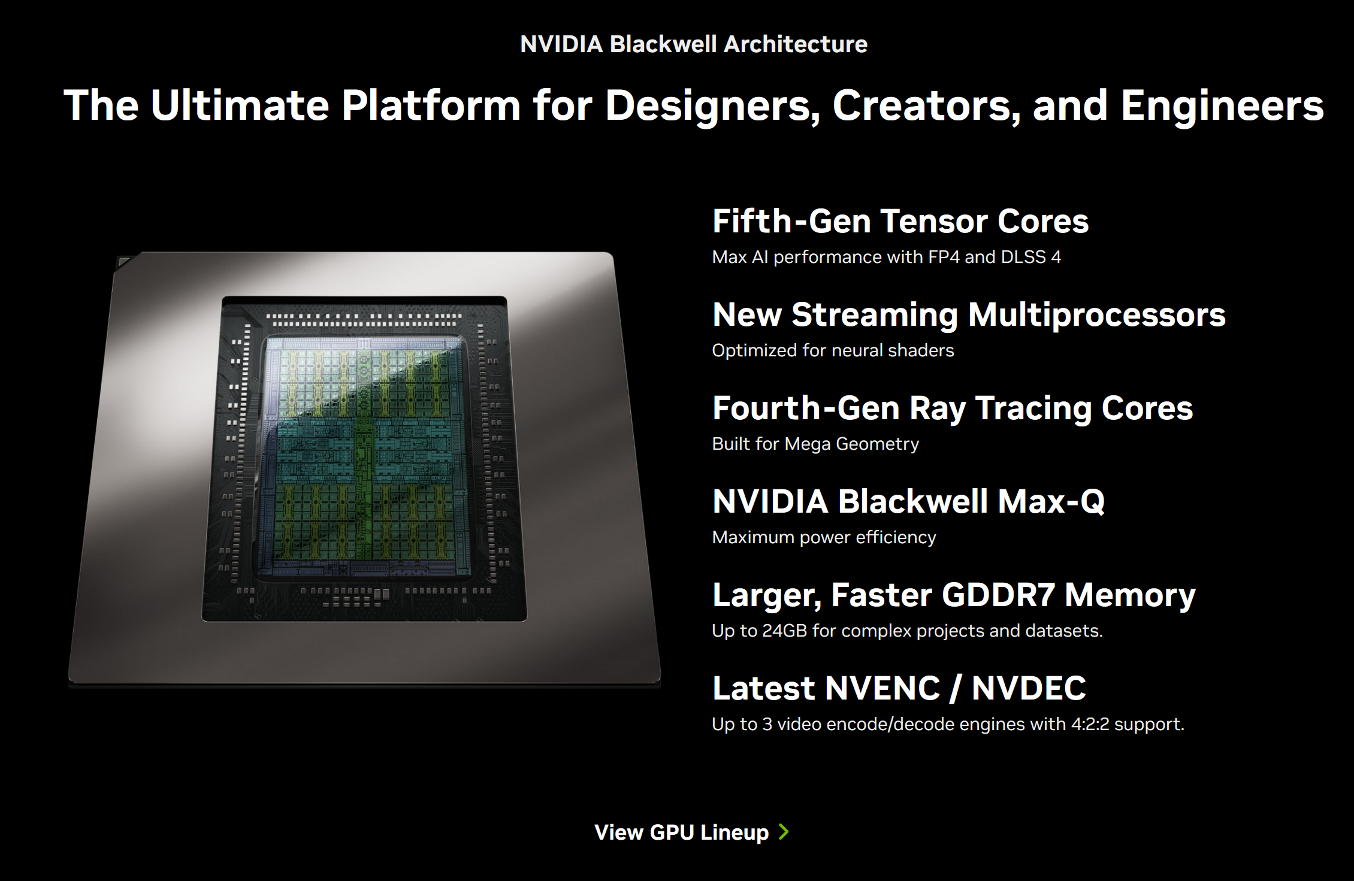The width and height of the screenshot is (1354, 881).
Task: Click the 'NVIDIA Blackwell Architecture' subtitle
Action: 694,44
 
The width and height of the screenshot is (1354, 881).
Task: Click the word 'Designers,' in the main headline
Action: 712,106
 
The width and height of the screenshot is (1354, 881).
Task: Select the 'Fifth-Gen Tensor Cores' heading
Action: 900,221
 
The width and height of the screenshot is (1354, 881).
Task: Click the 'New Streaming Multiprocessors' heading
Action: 969,315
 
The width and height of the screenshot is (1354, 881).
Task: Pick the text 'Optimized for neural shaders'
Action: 833,350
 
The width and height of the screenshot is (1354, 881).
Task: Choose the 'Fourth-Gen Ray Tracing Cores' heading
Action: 953,408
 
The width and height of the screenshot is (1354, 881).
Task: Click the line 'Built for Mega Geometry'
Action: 815,444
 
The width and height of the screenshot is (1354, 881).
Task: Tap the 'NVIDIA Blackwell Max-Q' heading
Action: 909,501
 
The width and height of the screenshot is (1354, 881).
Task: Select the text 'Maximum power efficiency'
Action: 824,537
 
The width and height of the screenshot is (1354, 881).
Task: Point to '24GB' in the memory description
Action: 785,631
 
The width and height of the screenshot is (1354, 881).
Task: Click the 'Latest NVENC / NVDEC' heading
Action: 899,688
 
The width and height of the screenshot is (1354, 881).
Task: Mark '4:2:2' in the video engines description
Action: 1090,724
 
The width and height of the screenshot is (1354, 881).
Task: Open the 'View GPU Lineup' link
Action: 681,832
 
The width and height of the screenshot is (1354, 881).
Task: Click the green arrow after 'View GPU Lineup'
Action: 784,832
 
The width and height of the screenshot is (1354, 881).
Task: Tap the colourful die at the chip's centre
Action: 364,456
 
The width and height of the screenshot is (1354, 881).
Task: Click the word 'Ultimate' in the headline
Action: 240,106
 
